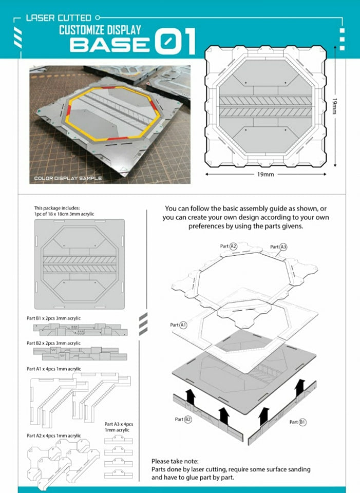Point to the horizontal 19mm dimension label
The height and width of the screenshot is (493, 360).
(265, 175)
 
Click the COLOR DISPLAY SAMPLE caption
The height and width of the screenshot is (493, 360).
(68, 178)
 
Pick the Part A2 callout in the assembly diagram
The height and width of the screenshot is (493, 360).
(229, 246)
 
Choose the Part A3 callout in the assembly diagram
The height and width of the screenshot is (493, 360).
(278, 247)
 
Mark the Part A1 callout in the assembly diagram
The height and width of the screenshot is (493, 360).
(178, 325)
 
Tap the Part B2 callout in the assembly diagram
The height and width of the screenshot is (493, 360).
(183, 419)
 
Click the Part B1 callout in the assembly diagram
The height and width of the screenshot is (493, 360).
(298, 422)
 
